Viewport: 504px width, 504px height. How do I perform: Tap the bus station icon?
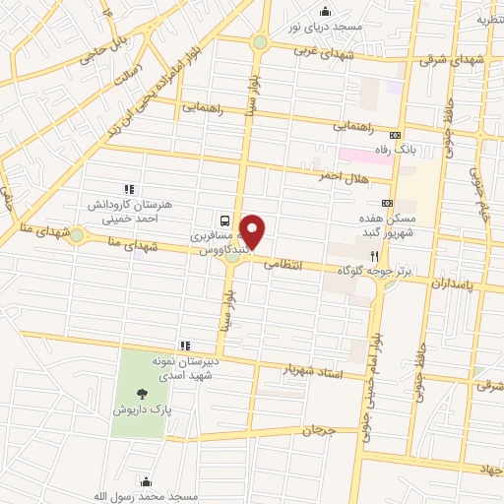[225, 220]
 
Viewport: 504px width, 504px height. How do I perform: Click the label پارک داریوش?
[134, 407]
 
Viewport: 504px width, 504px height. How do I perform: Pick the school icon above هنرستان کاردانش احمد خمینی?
[127, 189]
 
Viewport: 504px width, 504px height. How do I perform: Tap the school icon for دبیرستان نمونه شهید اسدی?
[184, 346]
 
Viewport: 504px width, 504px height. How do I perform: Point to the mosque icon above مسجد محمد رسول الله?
[146, 481]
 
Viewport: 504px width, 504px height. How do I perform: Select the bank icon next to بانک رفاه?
[396, 135]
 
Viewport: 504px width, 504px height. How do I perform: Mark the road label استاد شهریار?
[310, 369]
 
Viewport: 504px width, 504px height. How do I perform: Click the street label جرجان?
[319, 430]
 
